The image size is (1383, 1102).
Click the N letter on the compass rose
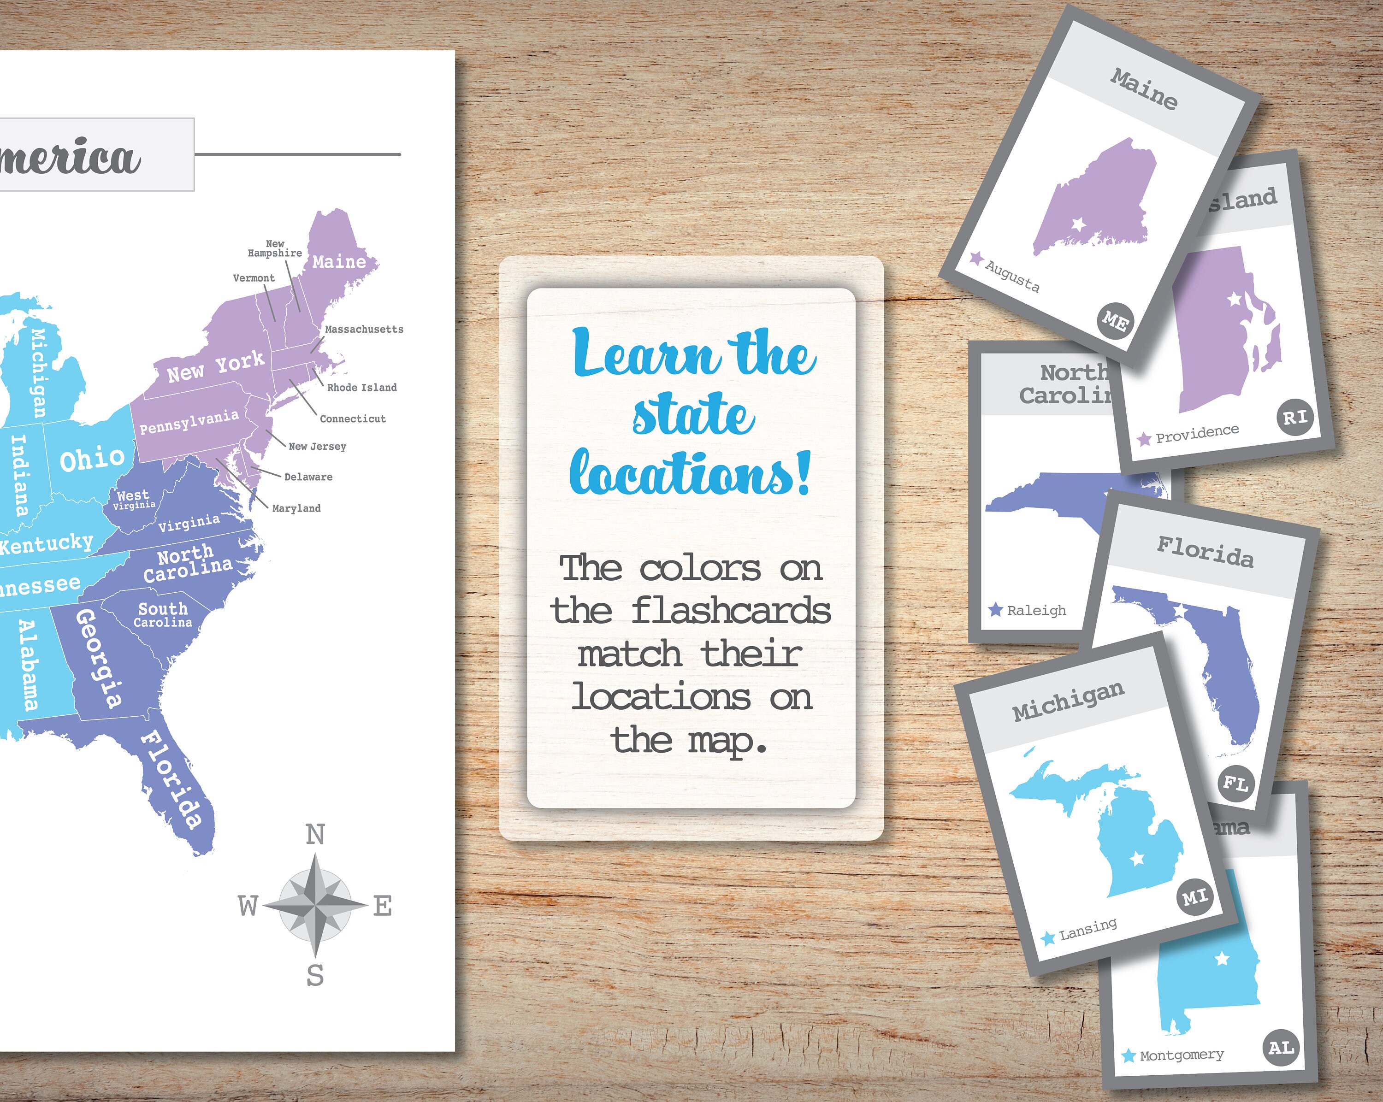pos(315,835)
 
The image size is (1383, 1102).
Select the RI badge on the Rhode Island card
pos(1294,418)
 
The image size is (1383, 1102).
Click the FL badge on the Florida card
pos(1235,783)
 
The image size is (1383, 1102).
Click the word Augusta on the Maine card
pos(1012,276)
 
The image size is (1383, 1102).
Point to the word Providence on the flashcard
pos(1197,434)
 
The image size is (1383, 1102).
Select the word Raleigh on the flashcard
pos(1036,611)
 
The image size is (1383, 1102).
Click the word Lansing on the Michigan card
pos(1088,929)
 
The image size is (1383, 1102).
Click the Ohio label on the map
pos(92,459)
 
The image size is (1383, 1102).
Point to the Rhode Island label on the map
pos(362,388)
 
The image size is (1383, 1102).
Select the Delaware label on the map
pos(308,477)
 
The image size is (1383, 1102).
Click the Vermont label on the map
pos(254,278)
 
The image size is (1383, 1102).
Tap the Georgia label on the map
pos(98,658)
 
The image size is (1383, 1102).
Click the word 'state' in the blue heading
pos(693,415)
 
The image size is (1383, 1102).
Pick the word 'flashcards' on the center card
pos(731,610)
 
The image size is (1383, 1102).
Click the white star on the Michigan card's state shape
pos(1137,858)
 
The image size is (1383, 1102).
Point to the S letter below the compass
pos(315,975)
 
